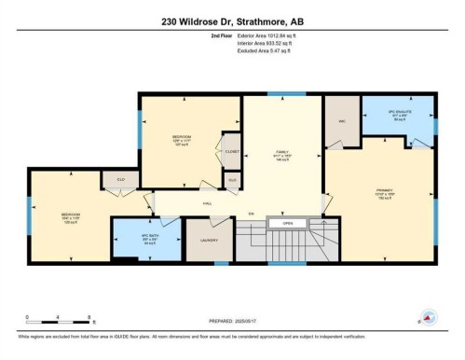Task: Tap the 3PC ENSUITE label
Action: [x=398, y=116]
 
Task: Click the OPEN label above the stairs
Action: [x=287, y=223]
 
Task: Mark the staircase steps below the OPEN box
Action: [x=289, y=244]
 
